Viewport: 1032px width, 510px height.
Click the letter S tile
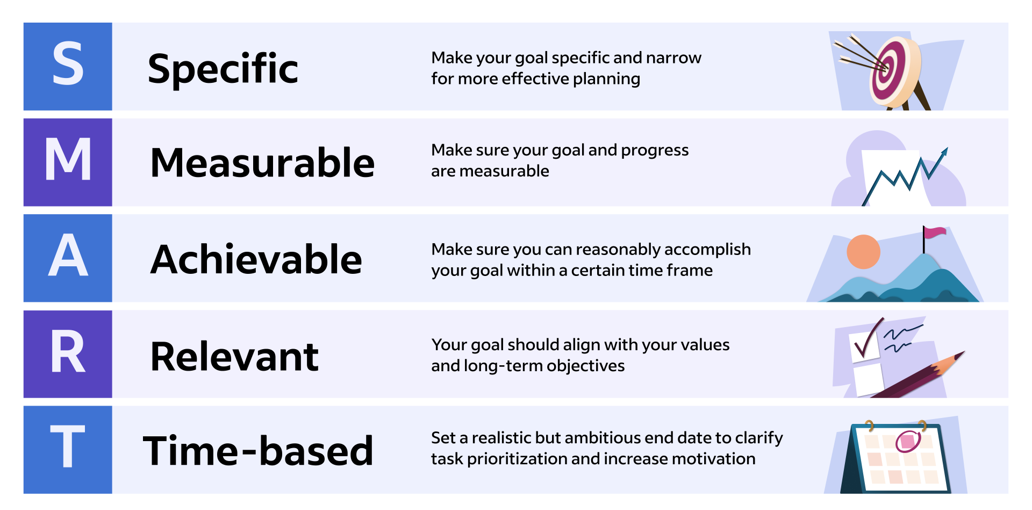[68, 66]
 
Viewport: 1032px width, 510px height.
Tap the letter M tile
[68, 162]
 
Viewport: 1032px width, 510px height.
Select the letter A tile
[68, 258]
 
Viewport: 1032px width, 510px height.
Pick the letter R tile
[68, 354]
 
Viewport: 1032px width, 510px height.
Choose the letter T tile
[68, 450]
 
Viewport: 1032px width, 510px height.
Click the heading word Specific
[223, 69]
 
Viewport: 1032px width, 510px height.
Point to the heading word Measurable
[262, 162]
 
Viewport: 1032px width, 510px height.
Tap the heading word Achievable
[256, 259]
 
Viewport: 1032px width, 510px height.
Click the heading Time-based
[258, 450]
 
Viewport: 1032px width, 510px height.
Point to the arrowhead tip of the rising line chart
[947, 148]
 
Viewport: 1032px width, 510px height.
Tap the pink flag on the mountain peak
[935, 232]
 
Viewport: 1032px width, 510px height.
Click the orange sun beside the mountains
[863, 252]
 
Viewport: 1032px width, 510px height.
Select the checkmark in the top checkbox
[869, 339]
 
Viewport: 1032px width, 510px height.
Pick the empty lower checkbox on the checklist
[869, 379]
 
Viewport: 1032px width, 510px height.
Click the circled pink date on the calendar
[908, 442]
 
